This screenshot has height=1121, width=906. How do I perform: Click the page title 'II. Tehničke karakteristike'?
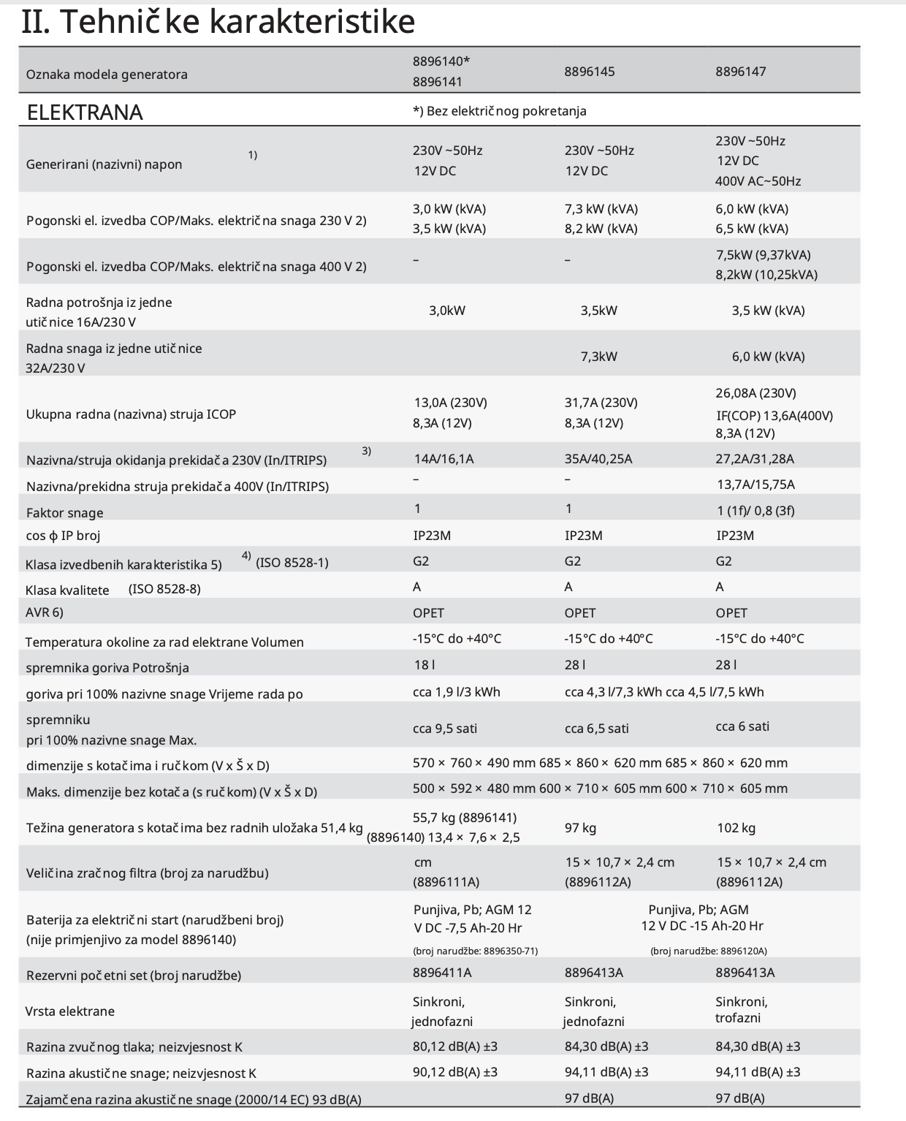pyautogui.click(x=218, y=22)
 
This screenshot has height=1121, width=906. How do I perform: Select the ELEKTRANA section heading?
pyautogui.click(x=85, y=112)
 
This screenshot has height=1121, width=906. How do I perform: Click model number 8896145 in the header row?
pyautogui.click(x=589, y=72)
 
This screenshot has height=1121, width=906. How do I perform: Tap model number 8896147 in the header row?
pyautogui.click(x=740, y=72)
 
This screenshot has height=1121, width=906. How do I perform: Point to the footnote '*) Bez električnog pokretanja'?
pyautogui.click(x=499, y=111)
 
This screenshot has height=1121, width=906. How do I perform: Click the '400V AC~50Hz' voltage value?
pyautogui.click(x=758, y=180)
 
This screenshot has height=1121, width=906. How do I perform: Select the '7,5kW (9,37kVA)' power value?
pyautogui.click(x=763, y=255)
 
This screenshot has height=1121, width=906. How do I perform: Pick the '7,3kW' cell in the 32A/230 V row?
pyautogui.click(x=598, y=357)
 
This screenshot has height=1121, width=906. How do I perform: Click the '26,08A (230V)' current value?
pyautogui.click(x=755, y=393)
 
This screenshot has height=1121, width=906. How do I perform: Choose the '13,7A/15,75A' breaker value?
pyautogui.click(x=755, y=484)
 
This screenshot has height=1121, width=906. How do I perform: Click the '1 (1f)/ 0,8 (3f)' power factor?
pyautogui.click(x=755, y=510)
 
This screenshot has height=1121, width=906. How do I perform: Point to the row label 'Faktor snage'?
pyautogui.click(x=64, y=513)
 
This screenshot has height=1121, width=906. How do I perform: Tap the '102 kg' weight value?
pyautogui.click(x=736, y=828)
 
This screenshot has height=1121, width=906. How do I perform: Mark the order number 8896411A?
pyautogui.click(x=442, y=973)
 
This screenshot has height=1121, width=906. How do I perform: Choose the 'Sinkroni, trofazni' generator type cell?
pyautogui.click(x=741, y=1009)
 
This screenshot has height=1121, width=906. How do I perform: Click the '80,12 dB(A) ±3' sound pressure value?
pyautogui.click(x=454, y=1046)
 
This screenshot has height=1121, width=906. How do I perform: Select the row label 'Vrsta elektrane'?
pyautogui.click(x=70, y=1011)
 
